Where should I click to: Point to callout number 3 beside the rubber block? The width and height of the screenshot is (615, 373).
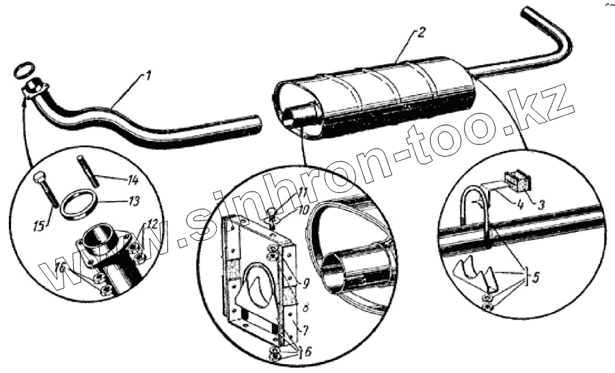click(x=541, y=203)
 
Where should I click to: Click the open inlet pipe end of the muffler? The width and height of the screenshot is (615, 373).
click(x=301, y=113)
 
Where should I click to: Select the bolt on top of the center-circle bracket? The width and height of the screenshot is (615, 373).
click(x=273, y=214)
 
